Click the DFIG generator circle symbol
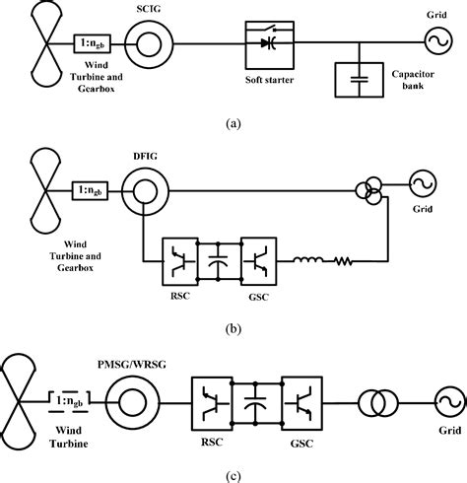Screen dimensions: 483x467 [x=143, y=187]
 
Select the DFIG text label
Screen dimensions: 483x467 [x=144, y=156]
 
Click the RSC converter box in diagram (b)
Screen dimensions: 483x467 [x=180, y=261]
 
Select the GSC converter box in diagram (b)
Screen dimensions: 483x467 [x=259, y=261]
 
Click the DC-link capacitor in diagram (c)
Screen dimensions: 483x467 [x=256, y=402]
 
